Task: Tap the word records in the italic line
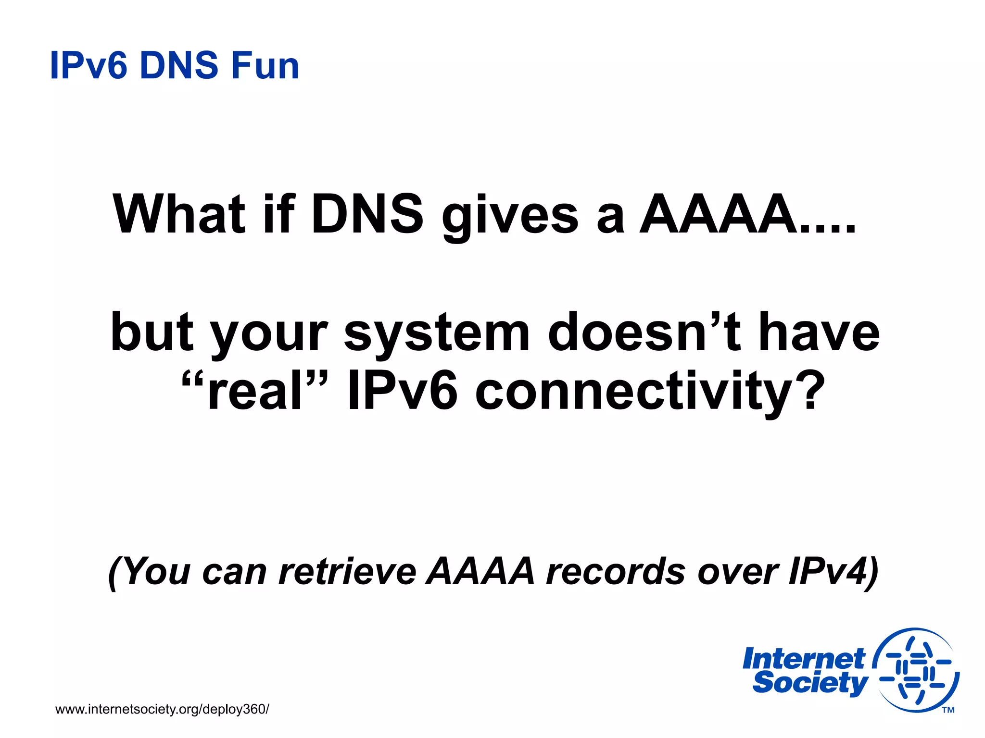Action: point(616,572)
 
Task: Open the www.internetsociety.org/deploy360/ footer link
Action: point(162,709)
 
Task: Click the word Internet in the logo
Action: point(804,659)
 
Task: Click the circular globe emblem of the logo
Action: point(916,670)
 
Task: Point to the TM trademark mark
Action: point(948,710)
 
